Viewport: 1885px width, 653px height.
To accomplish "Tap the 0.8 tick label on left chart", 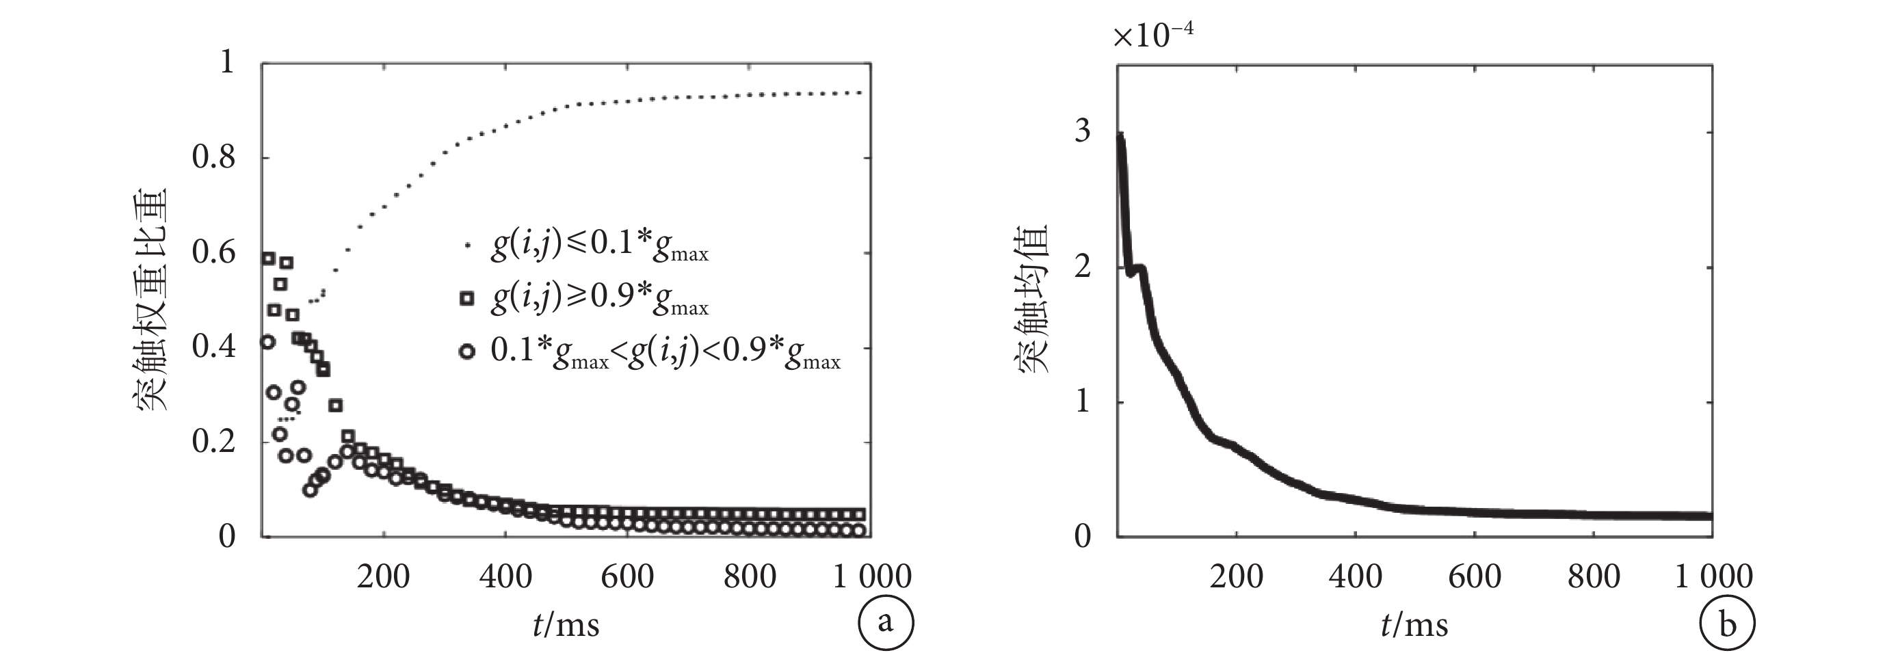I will tap(213, 157).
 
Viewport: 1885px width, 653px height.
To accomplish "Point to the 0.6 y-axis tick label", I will tap(213, 252).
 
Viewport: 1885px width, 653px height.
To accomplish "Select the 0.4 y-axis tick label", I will tap(213, 346).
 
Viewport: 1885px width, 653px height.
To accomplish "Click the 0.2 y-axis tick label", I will tap(213, 441).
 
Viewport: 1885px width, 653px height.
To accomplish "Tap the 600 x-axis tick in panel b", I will tap(1475, 577).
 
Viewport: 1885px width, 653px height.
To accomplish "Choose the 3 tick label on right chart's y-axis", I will tap(1081, 131).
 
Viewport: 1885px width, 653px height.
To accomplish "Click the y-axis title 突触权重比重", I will tap(150, 299).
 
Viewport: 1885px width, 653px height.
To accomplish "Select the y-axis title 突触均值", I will tap(1033, 299).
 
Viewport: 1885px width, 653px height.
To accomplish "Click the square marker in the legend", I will tap(466, 298).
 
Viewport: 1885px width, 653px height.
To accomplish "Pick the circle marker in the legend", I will tap(466, 351).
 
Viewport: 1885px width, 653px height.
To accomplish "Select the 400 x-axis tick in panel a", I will tap(505, 577).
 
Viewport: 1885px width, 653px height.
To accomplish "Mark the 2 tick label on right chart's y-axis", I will tap(1081, 266).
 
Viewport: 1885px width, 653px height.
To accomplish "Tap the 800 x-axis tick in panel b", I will tap(1594, 577).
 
